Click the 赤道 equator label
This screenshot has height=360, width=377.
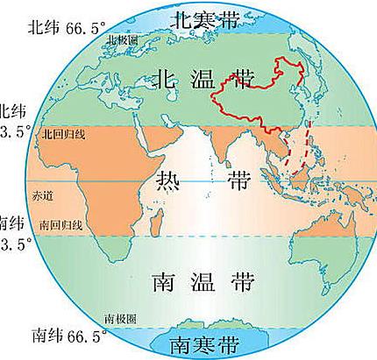pos(41,192)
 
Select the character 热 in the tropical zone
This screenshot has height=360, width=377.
pos(167,181)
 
